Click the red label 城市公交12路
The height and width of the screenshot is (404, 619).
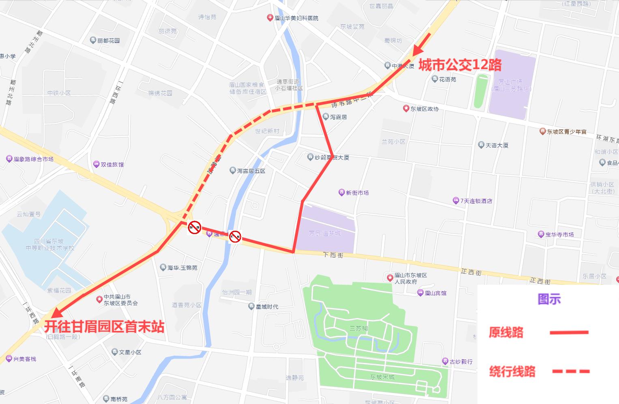[460, 65]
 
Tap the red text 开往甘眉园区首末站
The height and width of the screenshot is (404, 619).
[104, 327]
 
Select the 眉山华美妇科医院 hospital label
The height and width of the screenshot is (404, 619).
[296, 18]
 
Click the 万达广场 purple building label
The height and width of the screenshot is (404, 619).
[511, 85]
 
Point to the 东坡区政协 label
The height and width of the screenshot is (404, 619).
[424, 109]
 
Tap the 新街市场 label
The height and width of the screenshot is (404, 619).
[357, 193]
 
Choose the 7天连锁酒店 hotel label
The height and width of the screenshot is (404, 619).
[476, 201]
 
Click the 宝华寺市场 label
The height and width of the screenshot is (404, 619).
[559, 234]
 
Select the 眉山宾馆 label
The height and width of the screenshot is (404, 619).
[435, 293]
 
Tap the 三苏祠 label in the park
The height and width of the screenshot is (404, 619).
[359, 328]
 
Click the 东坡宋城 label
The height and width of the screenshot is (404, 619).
[382, 377]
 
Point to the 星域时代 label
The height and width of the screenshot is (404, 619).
[267, 307]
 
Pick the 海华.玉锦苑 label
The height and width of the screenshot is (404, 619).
[182, 268]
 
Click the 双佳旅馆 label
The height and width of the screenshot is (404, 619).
[112, 164]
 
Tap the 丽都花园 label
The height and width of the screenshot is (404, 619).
[108, 41]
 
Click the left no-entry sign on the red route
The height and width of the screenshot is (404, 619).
[195, 228]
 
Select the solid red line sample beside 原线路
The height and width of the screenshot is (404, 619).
[569, 333]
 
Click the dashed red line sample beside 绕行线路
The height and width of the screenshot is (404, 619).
[570, 371]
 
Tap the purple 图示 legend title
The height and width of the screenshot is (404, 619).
[549, 299]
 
